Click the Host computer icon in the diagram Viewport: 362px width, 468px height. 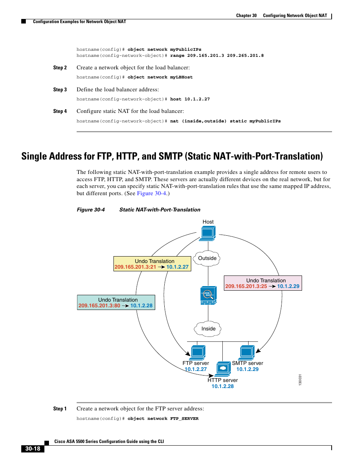click(x=208, y=233)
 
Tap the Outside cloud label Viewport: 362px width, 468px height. click(x=207, y=258)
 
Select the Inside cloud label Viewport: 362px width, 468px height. click(x=208, y=329)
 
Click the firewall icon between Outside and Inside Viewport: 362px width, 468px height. click(x=208, y=295)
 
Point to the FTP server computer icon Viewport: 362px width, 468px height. click(x=198, y=352)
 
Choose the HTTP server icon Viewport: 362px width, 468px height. click(x=223, y=368)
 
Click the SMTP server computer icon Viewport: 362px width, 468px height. click(x=247, y=352)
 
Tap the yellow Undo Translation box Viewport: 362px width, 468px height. click(x=152, y=264)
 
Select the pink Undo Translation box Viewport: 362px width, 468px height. click(x=263, y=283)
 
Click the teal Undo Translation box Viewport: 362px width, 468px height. click(x=116, y=302)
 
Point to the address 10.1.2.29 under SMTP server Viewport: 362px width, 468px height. click(x=247, y=369)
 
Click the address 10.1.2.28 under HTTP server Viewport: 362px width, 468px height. click(x=223, y=386)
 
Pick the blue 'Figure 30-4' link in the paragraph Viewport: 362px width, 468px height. click(x=151, y=193)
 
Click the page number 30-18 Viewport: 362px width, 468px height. click(x=33, y=449)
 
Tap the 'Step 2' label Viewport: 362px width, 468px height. click(x=60, y=68)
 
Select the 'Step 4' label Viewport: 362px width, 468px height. click(x=60, y=111)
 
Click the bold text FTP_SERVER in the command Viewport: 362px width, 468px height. click(x=184, y=419)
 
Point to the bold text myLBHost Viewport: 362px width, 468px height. click(x=181, y=77)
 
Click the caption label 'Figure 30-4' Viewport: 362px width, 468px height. click(x=91, y=210)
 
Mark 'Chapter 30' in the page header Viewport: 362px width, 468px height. click(x=246, y=16)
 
